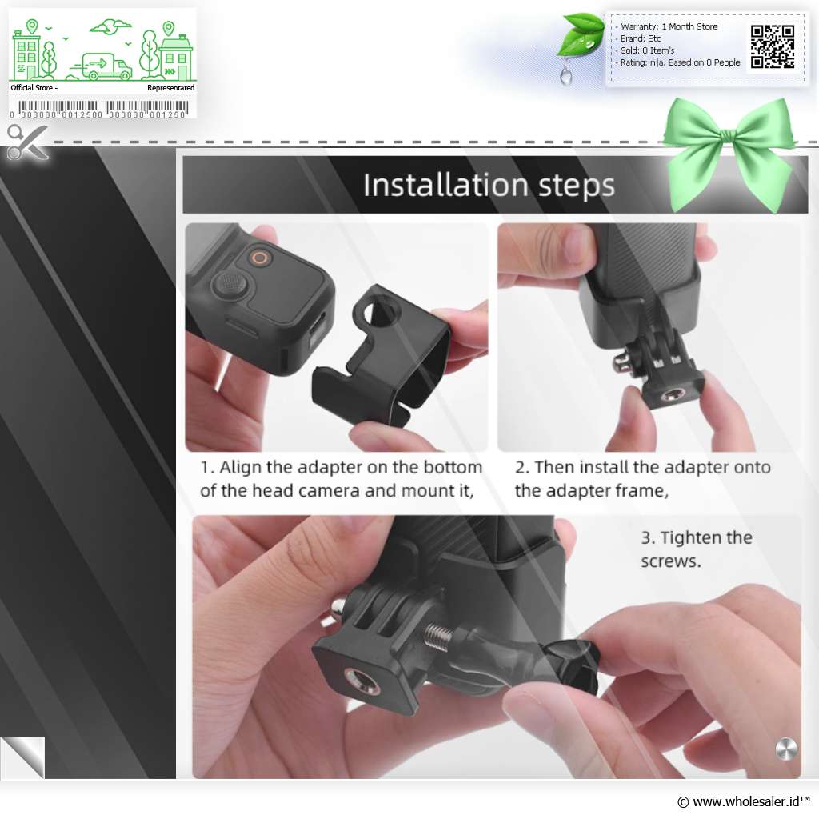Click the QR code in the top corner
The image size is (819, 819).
[x=773, y=46]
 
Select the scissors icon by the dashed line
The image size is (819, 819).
[x=27, y=142]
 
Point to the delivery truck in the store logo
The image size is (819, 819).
[x=102, y=67]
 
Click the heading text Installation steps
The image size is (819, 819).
[x=489, y=185]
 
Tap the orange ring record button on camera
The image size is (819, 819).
[x=260, y=258]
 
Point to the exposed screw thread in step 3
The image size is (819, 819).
[x=439, y=636]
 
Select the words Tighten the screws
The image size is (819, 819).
[x=697, y=549]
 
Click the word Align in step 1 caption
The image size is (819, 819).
[x=241, y=467]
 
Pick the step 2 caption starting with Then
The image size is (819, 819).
[x=643, y=479]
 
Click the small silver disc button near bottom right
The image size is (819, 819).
[x=786, y=749]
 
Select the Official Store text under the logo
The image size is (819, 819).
[x=32, y=88]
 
